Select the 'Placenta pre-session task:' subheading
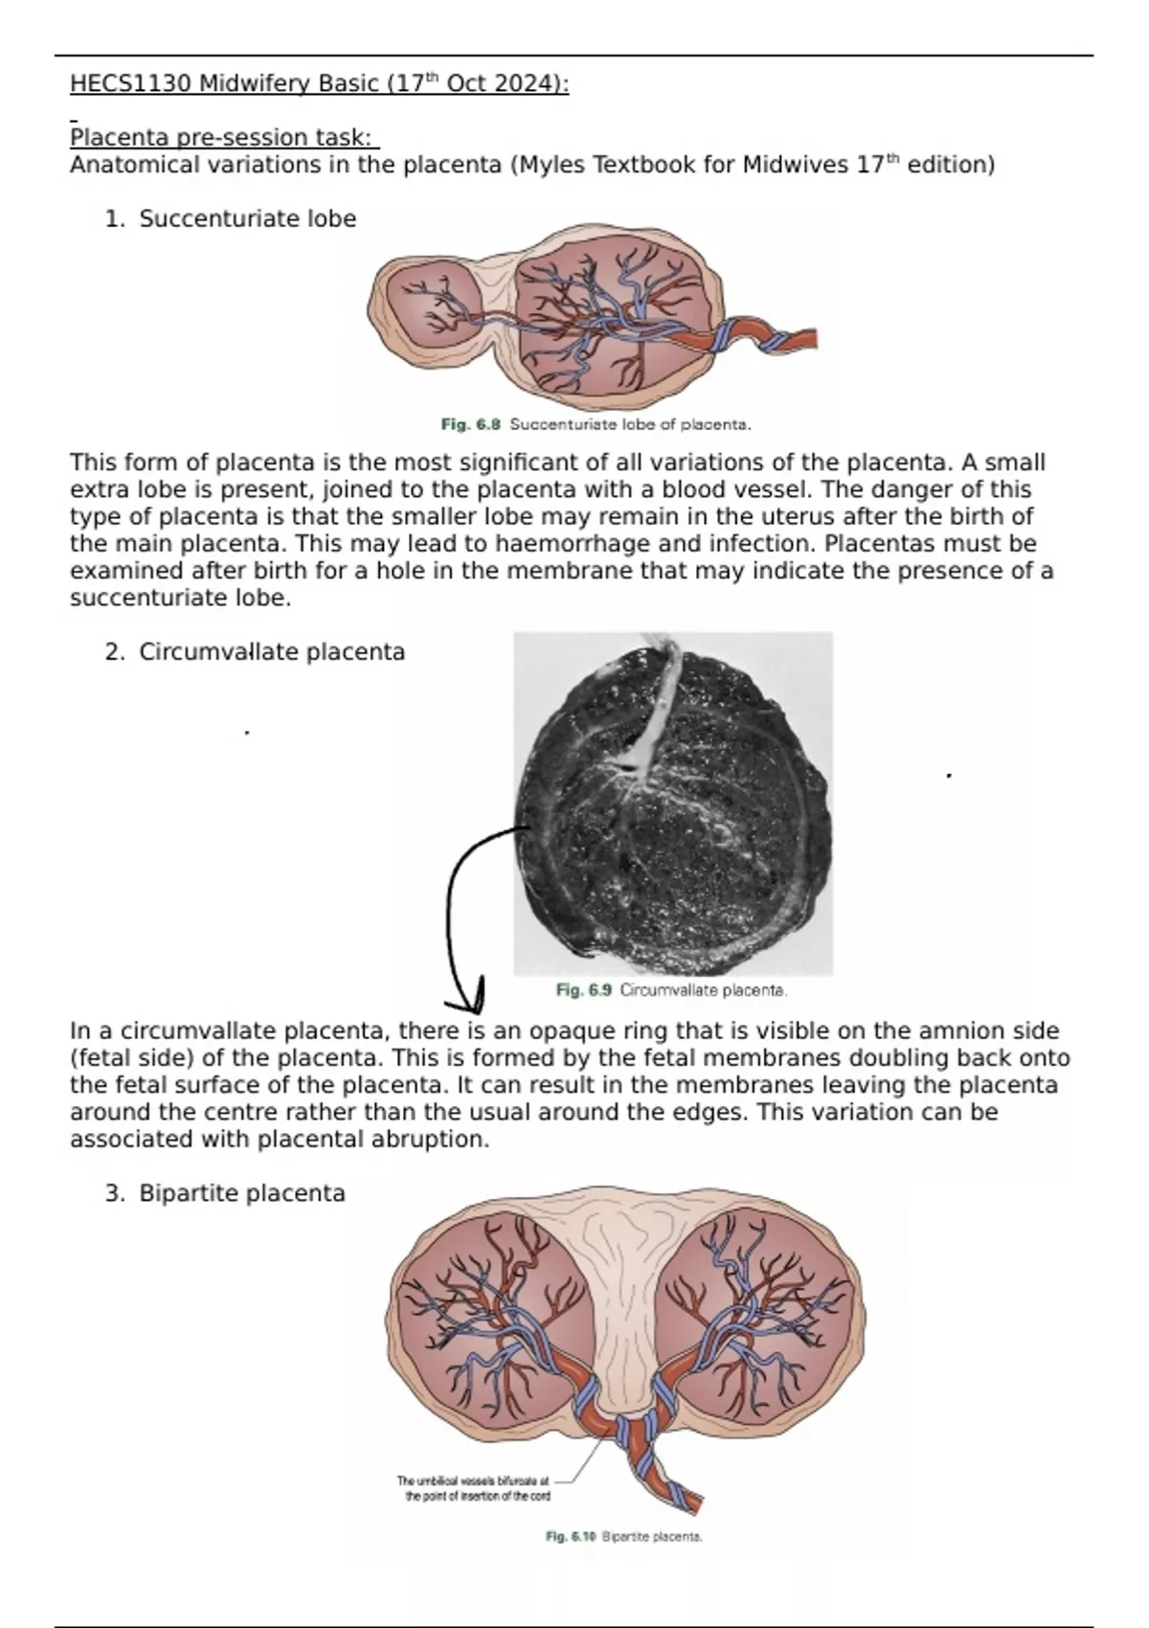pyautogui.click(x=224, y=138)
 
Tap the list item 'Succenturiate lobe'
pyautogui.click(x=247, y=219)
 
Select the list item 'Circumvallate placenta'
pyautogui.click(x=272, y=652)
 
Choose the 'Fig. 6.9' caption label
pyautogui.click(x=583, y=990)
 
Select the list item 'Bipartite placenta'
pyautogui.click(x=242, y=1193)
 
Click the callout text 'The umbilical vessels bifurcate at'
pyautogui.click(x=473, y=1481)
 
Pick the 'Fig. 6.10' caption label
pyautogui.click(x=571, y=1537)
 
